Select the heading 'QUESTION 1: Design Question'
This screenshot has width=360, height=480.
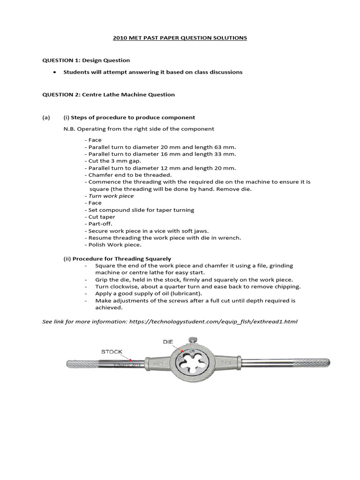point(86,60)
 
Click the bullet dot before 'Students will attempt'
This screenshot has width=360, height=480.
point(55,72)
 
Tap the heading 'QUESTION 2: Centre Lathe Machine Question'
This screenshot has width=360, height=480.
point(108,94)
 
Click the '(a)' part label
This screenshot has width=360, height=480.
point(46,117)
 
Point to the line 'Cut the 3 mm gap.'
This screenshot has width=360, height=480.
point(109,161)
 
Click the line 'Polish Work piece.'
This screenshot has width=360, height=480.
point(112,245)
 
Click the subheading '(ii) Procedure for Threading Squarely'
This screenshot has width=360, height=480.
point(117,258)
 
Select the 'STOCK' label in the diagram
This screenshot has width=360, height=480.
point(112,351)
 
